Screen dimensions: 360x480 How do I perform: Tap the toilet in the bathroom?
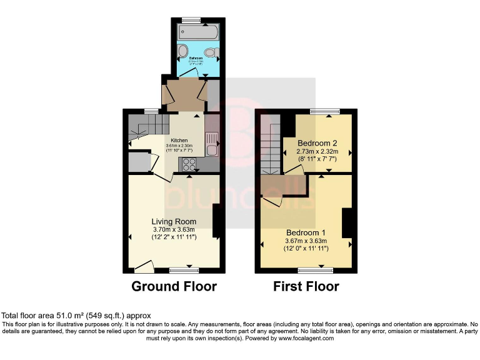[211, 51]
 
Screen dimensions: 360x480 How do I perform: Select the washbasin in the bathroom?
[182, 51]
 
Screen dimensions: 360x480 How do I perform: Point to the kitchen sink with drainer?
[211, 143]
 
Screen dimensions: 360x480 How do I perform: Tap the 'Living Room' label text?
[174, 221]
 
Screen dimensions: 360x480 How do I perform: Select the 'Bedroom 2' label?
[317, 142]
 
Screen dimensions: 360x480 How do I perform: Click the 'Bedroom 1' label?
[306, 232]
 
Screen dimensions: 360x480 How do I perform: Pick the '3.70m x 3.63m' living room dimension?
[174, 229]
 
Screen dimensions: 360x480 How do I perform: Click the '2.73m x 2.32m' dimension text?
[317, 151]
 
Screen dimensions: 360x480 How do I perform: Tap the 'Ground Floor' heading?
[174, 287]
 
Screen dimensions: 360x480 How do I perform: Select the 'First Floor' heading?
[306, 287]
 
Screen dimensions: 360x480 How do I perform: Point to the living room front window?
[184, 271]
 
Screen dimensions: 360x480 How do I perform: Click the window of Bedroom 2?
[323, 112]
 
